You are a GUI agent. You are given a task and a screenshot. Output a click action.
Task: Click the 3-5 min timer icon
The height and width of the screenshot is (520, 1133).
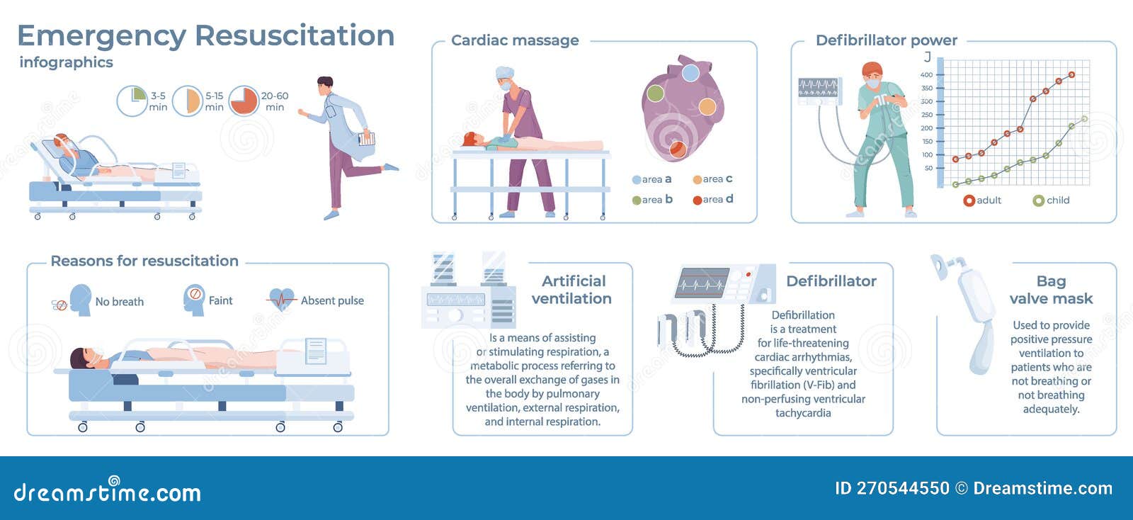(x=131, y=101)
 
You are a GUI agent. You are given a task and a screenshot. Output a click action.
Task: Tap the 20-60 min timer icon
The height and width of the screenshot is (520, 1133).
(x=244, y=101)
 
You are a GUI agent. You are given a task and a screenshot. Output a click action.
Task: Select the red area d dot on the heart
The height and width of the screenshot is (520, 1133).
(x=678, y=148)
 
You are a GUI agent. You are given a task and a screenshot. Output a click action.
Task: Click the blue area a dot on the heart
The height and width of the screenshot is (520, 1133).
(x=690, y=73)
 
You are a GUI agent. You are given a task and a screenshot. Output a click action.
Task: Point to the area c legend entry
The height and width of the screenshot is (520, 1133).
(x=712, y=179)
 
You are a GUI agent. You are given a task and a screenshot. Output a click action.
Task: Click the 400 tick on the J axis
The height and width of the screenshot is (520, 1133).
(x=926, y=74)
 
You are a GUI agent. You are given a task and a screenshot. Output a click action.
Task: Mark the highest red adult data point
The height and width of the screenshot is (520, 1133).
(x=1071, y=74)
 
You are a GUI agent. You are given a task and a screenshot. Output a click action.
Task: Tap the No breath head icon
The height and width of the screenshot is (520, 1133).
(x=79, y=300)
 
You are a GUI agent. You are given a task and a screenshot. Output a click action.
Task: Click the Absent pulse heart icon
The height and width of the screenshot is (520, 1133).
(x=282, y=300)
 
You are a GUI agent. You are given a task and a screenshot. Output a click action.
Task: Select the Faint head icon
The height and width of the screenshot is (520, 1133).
(x=193, y=299)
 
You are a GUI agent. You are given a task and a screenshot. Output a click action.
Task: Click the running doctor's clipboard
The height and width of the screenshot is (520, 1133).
(x=366, y=138)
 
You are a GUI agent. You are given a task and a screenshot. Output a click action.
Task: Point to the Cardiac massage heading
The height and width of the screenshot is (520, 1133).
(x=515, y=40)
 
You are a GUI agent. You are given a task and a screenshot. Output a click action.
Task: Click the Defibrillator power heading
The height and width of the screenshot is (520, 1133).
(x=886, y=40)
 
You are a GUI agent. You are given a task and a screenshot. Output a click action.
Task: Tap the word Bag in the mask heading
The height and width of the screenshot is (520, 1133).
(x=1051, y=281)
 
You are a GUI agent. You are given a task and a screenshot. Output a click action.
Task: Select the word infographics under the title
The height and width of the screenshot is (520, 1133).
(x=66, y=62)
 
